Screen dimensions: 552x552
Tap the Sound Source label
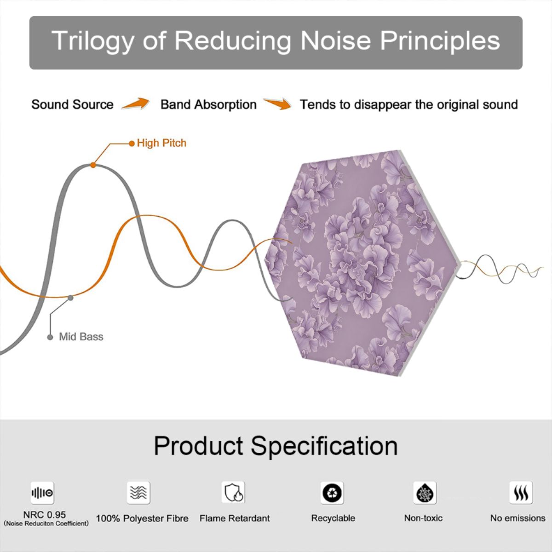(x=73, y=104)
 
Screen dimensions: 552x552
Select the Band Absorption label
(x=208, y=104)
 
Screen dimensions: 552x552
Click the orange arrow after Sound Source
(x=136, y=103)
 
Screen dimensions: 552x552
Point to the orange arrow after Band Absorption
(x=277, y=103)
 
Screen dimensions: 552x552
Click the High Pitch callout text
(x=161, y=143)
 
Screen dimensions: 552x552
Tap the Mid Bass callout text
(x=81, y=337)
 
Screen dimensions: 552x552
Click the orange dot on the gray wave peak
(x=93, y=165)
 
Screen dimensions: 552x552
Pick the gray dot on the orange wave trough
(x=70, y=298)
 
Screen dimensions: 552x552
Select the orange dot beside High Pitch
(x=132, y=144)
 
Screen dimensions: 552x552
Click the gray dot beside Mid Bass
(x=50, y=338)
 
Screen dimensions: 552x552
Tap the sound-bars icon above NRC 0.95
(x=42, y=493)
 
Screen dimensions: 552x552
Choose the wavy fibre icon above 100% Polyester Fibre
(x=138, y=492)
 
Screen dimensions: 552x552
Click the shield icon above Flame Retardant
(x=233, y=492)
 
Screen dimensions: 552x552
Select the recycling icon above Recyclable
(x=332, y=493)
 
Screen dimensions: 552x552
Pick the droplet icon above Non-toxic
(x=425, y=493)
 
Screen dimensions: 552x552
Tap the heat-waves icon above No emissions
(x=521, y=492)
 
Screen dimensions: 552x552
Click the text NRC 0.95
(x=45, y=515)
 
